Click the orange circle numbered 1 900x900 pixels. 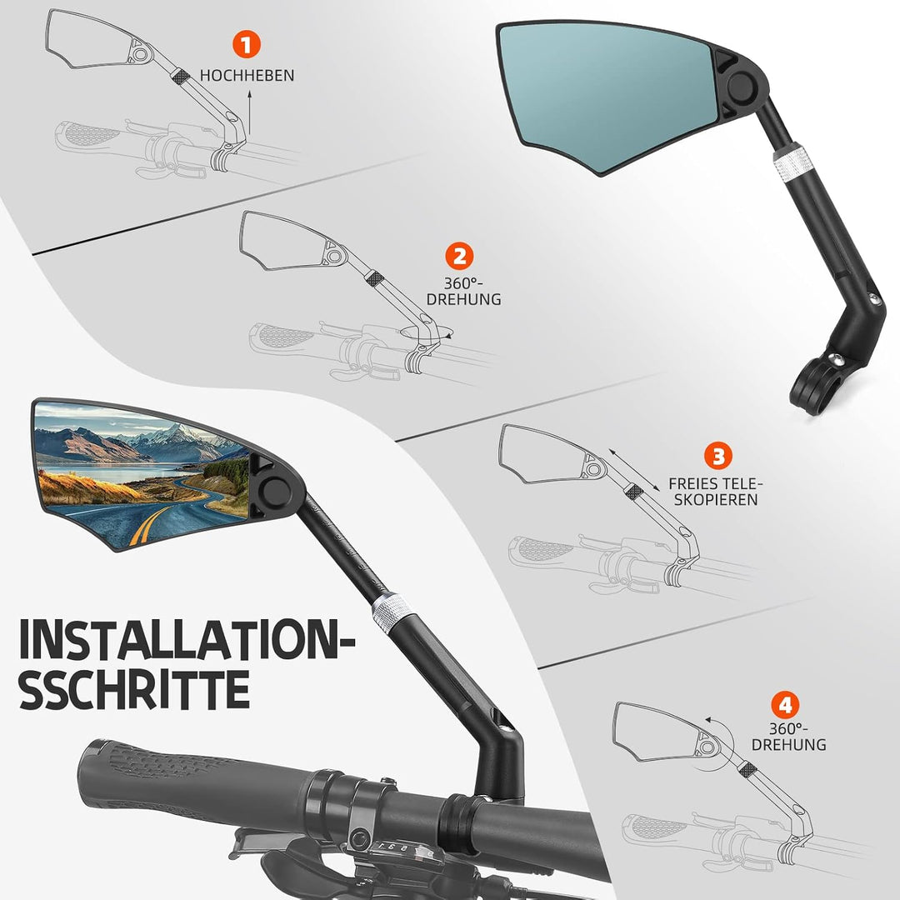[246, 45]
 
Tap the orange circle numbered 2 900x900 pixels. [460, 257]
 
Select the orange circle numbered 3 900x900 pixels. [718, 457]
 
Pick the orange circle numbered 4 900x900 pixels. [785, 705]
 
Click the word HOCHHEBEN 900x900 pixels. [247, 75]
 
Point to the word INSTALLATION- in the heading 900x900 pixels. [187, 639]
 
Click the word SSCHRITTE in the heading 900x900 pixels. [135, 688]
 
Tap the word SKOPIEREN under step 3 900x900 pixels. [716, 499]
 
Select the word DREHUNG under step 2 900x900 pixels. [464, 299]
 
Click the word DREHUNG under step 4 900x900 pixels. [788, 744]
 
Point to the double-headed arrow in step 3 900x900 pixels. [634, 469]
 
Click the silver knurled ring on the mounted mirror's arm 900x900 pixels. [390, 610]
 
